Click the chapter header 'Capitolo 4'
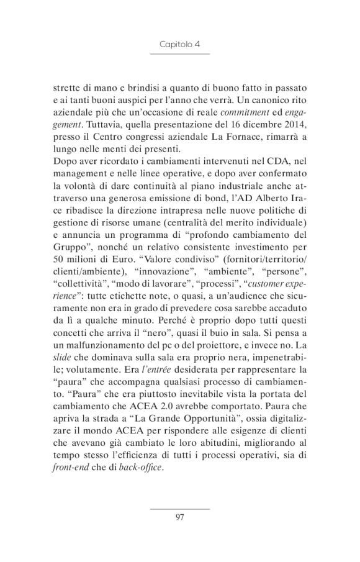point(179,45)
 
